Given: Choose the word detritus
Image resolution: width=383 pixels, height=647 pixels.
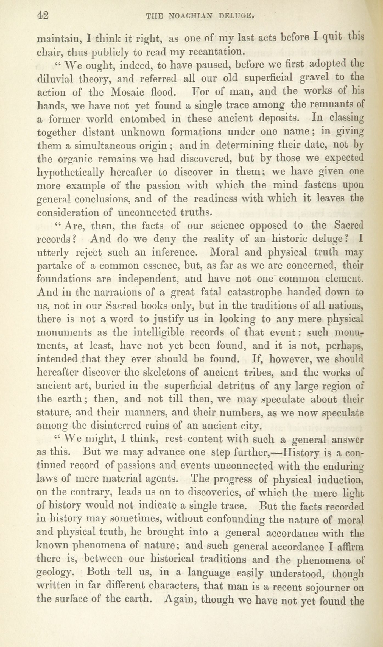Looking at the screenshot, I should pyautogui.click(x=235, y=386).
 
